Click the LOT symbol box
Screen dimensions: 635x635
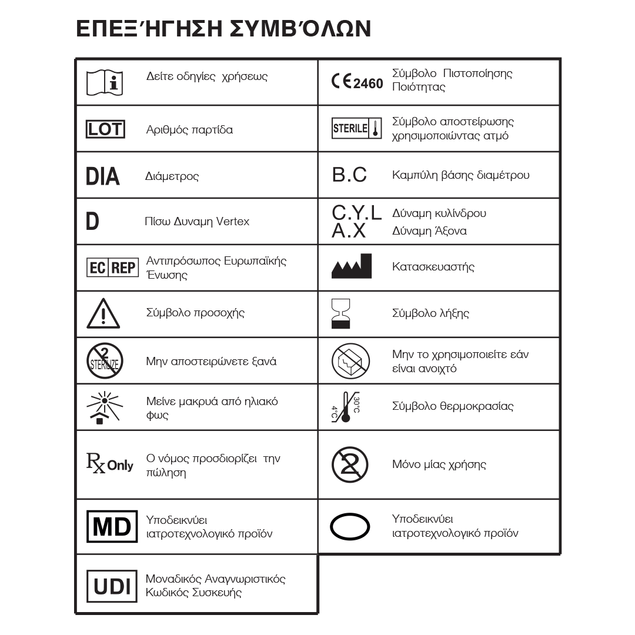coord(106,129)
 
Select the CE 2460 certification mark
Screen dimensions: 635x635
coord(357,82)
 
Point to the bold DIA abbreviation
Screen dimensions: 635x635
coord(102,176)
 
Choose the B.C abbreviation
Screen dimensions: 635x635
coord(349,175)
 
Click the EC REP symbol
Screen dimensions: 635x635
coord(112,268)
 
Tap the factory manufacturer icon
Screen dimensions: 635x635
coord(352,266)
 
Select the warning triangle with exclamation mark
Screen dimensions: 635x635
coord(103,314)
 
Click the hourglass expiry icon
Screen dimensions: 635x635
coord(341,313)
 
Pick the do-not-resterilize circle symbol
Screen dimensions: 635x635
coord(103,360)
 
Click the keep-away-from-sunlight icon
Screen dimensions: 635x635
coord(103,407)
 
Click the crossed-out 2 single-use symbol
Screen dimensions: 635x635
coord(350,464)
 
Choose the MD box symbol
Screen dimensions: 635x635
coord(112,526)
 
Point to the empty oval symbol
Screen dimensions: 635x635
coord(350,526)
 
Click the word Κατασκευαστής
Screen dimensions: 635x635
coord(433,267)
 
